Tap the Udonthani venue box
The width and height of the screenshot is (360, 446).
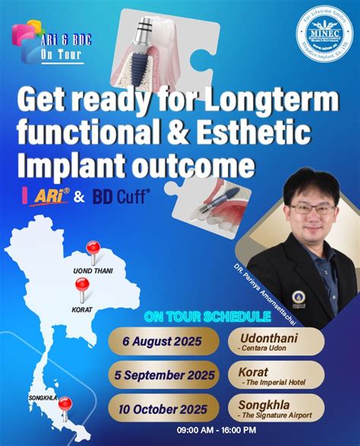276,340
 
